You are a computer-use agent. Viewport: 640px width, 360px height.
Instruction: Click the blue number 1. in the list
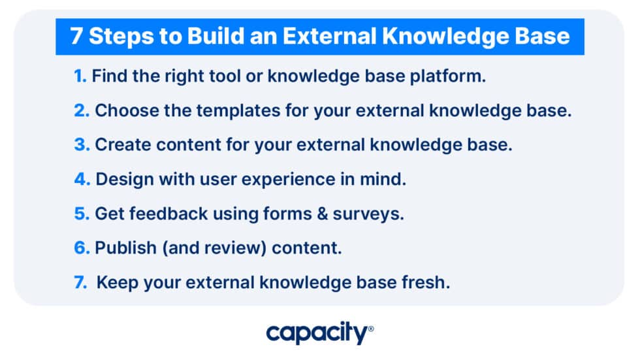tap(80, 76)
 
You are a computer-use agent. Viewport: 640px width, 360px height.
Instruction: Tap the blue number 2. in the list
tap(82, 110)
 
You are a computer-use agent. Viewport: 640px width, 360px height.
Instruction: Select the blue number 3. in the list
tap(82, 145)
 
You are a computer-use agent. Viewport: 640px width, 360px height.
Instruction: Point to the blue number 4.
tap(82, 179)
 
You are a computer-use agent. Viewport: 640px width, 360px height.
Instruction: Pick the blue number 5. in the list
tap(82, 214)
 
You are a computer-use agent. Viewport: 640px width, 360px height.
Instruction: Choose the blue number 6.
tap(82, 248)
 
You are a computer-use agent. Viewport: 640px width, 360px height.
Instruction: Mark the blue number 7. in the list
tap(81, 282)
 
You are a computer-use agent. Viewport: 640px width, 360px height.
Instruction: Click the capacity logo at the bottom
tap(319, 334)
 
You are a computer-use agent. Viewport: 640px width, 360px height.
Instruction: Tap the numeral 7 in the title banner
tap(76, 37)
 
